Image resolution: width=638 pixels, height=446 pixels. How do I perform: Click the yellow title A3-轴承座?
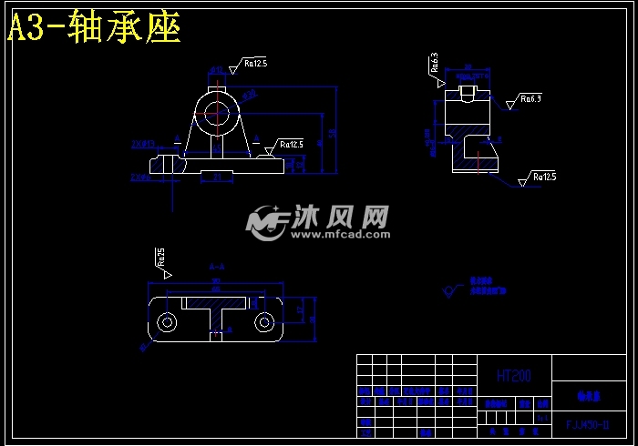pyautogui.click(x=95, y=28)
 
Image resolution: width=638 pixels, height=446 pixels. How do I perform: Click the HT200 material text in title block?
pyautogui.click(x=513, y=375)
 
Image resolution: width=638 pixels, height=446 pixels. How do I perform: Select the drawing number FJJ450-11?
pyautogui.click(x=588, y=424)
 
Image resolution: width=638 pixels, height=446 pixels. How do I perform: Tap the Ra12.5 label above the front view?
pyautogui.click(x=254, y=64)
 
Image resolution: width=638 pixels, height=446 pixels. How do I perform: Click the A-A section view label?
pyautogui.click(x=217, y=267)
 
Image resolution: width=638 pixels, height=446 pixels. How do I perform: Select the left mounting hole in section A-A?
pyautogui.click(x=167, y=322)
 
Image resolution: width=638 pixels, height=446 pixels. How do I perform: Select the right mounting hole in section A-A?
pyautogui.click(x=264, y=322)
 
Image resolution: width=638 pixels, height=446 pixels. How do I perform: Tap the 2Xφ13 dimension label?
pyautogui.click(x=143, y=144)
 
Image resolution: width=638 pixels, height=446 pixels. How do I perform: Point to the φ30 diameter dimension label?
pyautogui.click(x=249, y=93)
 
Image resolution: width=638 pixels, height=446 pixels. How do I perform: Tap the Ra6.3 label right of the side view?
pyautogui.click(x=530, y=98)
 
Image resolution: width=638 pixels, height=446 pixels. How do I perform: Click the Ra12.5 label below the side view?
pyautogui.click(x=544, y=176)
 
